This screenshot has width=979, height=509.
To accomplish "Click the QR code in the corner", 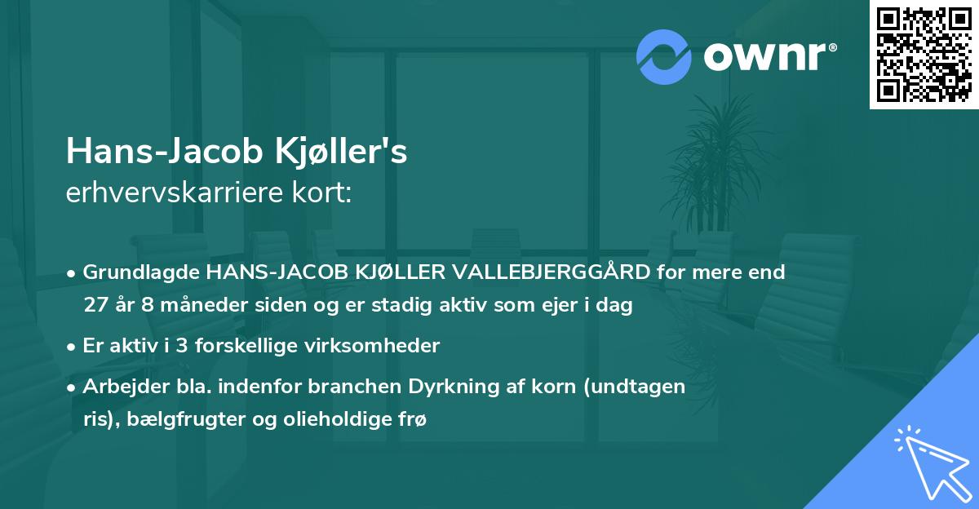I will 924,55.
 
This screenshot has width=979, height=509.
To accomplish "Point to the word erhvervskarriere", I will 173,193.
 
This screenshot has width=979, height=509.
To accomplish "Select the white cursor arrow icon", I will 930,460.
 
